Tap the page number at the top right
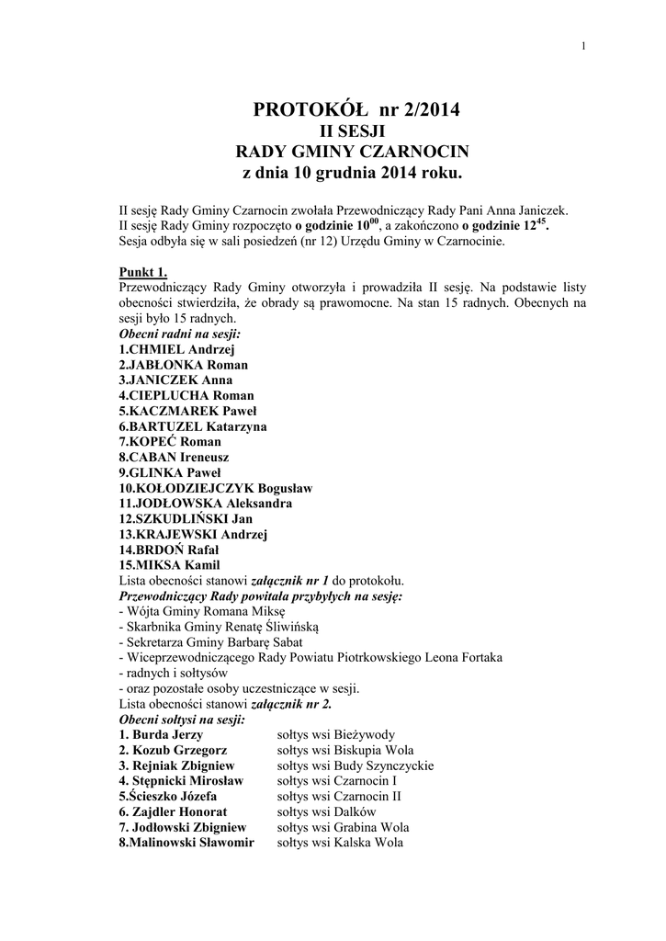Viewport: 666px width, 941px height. pyautogui.click(x=583, y=48)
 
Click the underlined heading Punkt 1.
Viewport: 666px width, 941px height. pyautogui.click(x=143, y=273)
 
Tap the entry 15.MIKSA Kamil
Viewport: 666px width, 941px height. pyautogui.click(x=170, y=565)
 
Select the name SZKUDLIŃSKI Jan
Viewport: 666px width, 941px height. pyautogui.click(x=192, y=518)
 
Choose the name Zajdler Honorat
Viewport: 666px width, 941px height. pyautogui.click(x=179, y=812)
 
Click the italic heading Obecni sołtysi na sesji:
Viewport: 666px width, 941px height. pyautogui.click(x=182, y=720)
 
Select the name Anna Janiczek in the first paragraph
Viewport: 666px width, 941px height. pyautogui.click(x=536, y=210)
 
